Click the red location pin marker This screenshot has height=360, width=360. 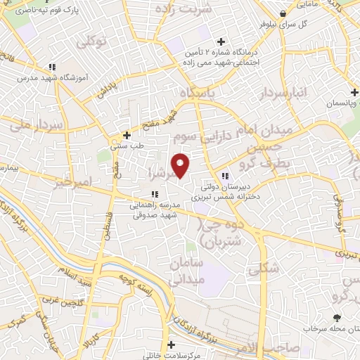pos(181,165)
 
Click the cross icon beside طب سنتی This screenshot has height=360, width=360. pos(127,135)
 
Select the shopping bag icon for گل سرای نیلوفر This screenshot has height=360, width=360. pos(283,13)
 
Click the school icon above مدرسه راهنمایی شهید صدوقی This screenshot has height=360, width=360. pos(154,195)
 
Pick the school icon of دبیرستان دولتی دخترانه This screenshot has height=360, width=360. pos(225,176)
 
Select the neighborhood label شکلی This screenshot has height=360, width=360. pos(264,267)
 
